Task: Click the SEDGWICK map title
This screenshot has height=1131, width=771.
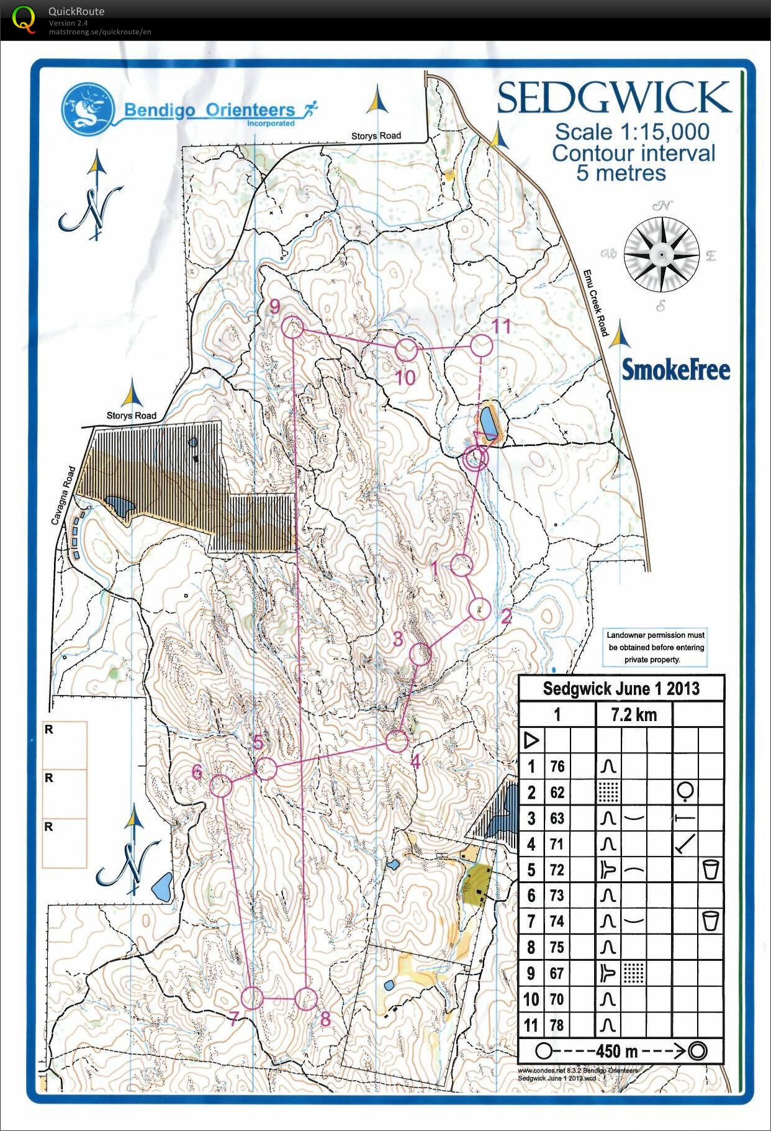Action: point(614,98)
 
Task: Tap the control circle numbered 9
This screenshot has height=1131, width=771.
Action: point(292,327)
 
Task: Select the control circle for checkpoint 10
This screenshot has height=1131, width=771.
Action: point(406,350)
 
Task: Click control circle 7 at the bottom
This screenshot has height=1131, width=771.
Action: point(252,997)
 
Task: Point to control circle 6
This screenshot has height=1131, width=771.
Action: point(221,785)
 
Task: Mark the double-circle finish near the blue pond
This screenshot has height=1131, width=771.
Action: point(476,459)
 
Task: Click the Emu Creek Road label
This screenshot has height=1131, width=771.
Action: point(595,303)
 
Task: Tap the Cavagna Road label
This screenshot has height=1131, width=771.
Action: point(63,495)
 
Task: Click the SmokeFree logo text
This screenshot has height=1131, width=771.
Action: point(675,370)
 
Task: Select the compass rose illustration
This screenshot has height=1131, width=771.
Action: point(662,255)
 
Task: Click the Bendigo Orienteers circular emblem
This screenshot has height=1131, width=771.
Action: point(88,110)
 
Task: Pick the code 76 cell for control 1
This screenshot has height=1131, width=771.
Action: point(557,766)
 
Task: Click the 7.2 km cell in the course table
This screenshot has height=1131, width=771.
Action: point(633,714)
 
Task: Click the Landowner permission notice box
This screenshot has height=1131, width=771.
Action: point(655,647)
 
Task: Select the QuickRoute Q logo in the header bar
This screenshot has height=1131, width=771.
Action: point(24,19)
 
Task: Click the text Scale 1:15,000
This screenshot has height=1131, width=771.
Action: point(631,132)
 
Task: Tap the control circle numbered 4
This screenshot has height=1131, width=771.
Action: point(397,741)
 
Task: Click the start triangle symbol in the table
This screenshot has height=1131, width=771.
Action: point(531,740)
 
